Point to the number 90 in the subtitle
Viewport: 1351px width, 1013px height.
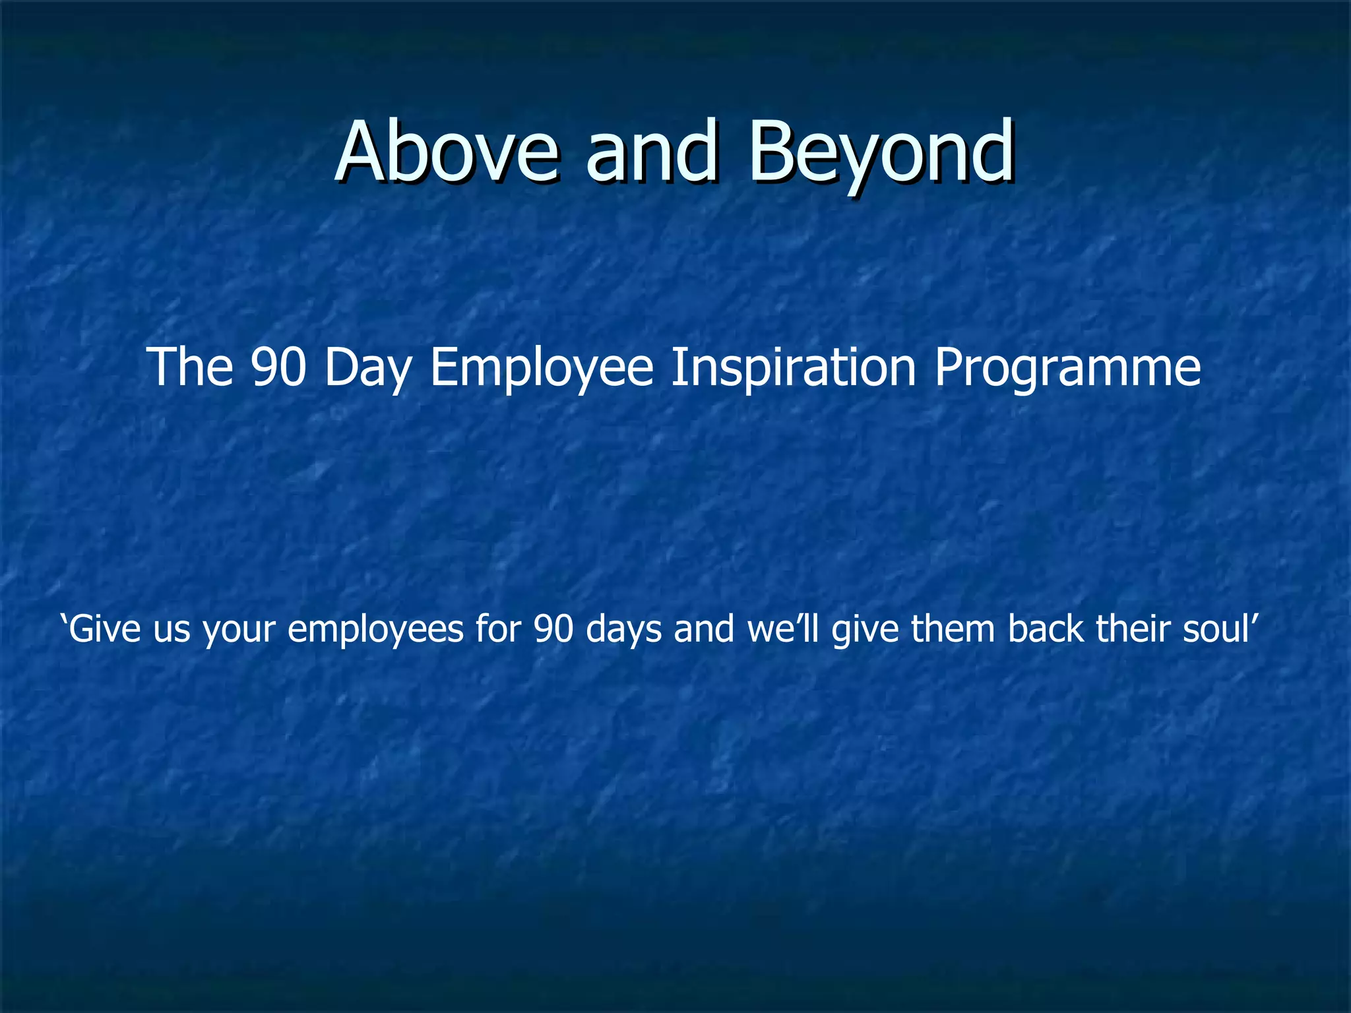278,367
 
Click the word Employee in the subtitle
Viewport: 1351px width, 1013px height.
541,368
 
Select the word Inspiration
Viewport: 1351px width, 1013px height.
793,368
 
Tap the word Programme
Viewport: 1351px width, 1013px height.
1067,368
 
